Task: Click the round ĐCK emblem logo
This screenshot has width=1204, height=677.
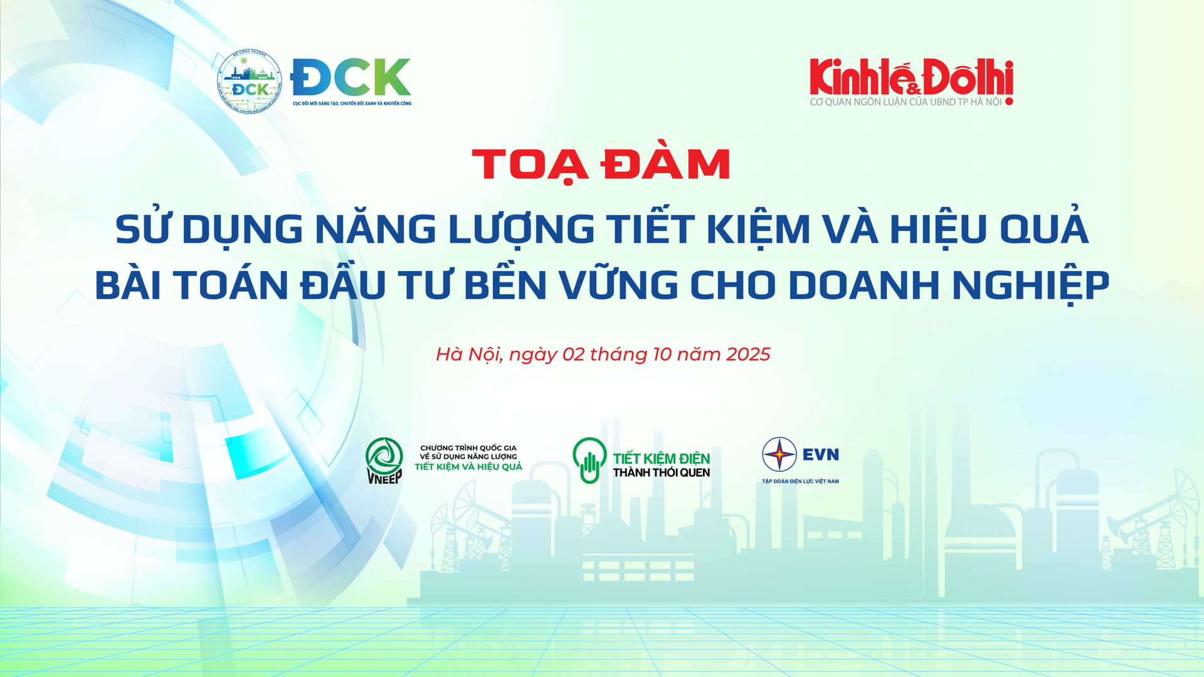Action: pos(250,82)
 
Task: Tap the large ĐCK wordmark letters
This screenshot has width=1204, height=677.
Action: pos(351,77)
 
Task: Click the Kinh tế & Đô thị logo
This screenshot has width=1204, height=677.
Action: pos(911,78)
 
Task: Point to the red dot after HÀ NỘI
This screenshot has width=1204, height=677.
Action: pos(1009,102)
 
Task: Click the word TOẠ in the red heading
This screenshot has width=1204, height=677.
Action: pos(530,164)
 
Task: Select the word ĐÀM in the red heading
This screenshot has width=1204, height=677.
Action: pos(665,164)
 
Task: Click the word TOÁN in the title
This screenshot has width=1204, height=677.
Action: pos(230,285)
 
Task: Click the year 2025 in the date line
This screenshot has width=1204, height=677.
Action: pos(747,354)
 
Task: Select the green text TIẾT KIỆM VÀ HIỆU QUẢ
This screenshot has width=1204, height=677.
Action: pos(468,467)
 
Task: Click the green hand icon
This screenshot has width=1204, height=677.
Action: pos(589,461)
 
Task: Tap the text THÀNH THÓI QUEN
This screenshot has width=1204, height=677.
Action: pos(661,473)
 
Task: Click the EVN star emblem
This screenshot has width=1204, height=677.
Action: pos(779,454)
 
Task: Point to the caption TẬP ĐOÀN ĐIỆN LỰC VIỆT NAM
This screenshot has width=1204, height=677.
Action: pos(800,482)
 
